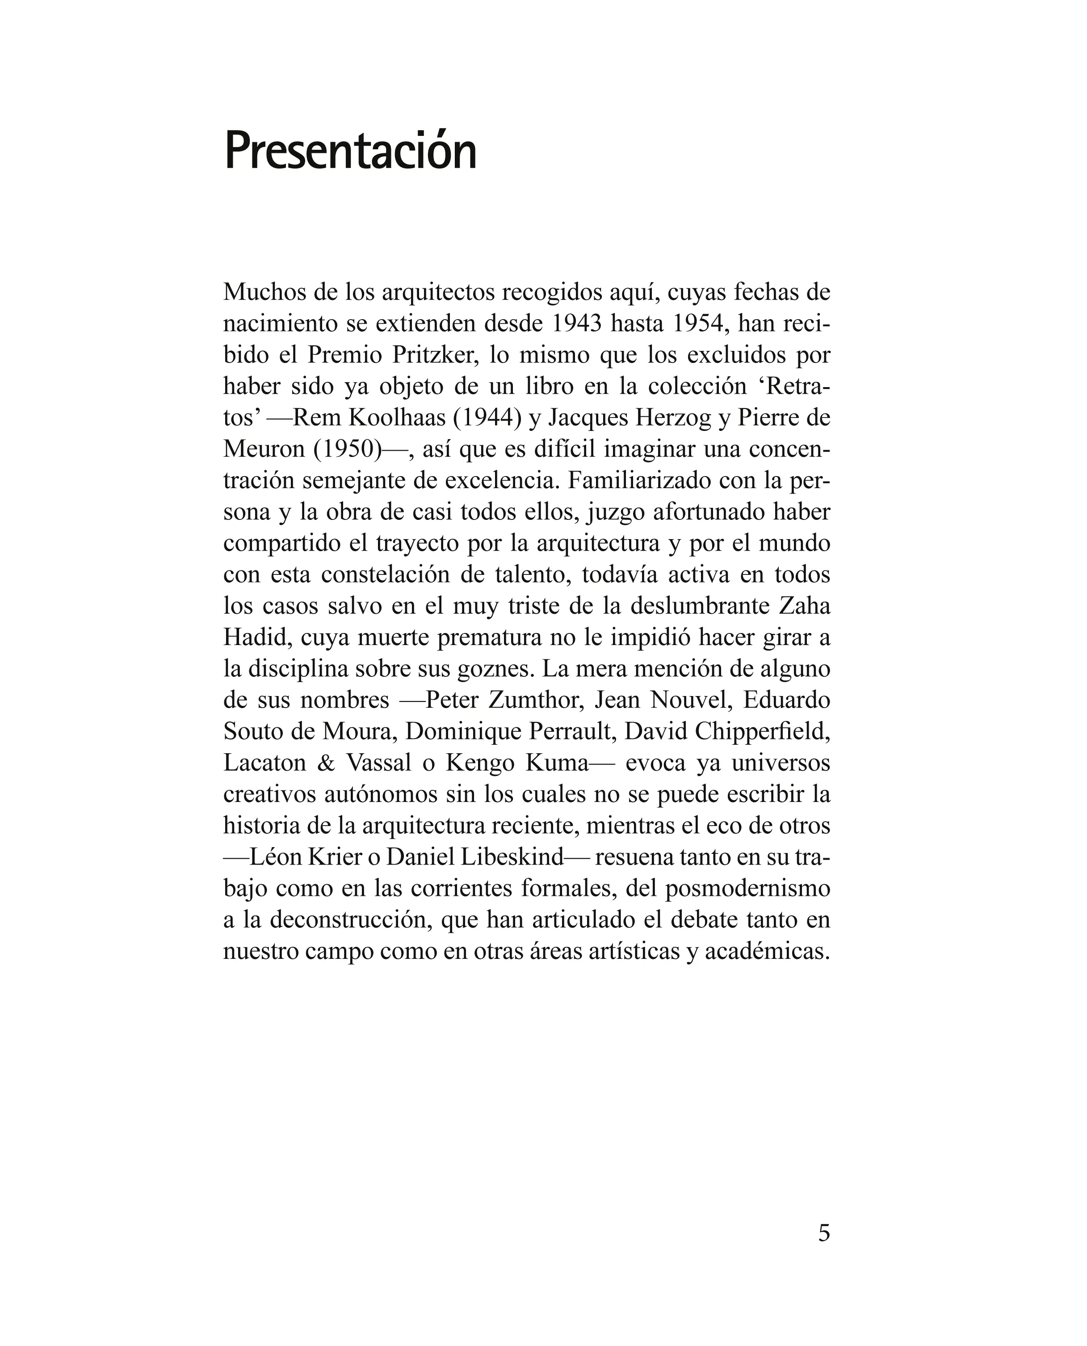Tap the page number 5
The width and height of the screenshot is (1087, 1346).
point(824,1232)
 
